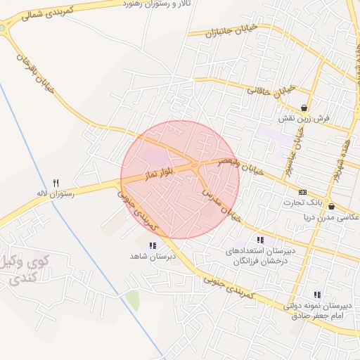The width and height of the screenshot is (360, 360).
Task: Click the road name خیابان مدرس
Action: (221, 206)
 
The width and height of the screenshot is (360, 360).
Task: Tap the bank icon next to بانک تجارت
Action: (302, 193)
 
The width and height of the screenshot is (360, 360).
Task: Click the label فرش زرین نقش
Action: (304, 119)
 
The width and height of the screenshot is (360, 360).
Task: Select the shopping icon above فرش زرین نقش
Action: (304, 108)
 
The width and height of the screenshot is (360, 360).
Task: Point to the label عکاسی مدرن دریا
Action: (331, 218)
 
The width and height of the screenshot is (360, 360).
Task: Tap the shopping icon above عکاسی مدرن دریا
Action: (331, 207)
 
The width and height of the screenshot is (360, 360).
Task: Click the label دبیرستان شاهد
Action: (152, 257)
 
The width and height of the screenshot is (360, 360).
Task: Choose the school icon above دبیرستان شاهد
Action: (152, 245)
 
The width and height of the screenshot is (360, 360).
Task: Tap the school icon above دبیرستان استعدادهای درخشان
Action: (261, 240)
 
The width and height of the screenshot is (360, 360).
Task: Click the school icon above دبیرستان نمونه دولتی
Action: (317, 295)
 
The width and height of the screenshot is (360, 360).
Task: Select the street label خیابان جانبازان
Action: (238, 30)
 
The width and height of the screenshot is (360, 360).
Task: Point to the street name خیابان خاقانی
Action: (274, 91)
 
